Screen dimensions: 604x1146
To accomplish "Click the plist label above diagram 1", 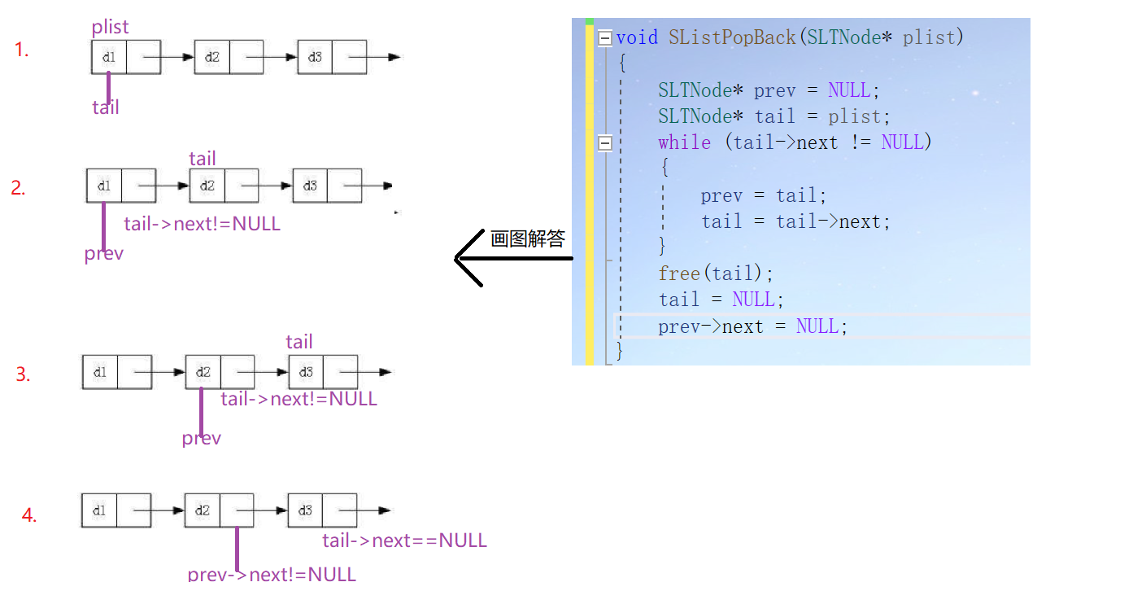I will [x=110, y=27].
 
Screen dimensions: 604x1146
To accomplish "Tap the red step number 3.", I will [x=23, y=374].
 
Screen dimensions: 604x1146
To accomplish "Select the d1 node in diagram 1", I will [x=109, y=57].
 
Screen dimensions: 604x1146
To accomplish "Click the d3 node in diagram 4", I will [x=305, y=510].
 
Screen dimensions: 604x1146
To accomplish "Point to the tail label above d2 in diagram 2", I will [x=203, y=158].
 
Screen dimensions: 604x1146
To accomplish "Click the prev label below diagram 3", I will [x=201, y=438].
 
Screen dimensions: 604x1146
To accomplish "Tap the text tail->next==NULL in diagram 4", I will [x=404, y=541].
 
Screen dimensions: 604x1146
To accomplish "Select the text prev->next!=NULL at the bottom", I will [x=272, y=574].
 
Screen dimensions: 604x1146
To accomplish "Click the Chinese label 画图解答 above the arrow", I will [x=527, y=239].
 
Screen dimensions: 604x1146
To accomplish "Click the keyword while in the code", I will [x=684, y=142].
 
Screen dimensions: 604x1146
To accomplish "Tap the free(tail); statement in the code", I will [x=716, y=273].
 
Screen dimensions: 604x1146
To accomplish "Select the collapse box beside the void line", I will [x=604, y=37].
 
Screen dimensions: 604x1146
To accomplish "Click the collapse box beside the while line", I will [x=604, y=143].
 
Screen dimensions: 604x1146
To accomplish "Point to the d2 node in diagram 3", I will [x=203, y=372].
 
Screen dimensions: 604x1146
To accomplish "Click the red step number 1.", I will [x=21, y=50].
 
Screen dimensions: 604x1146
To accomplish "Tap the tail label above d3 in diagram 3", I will [x=299, y=342].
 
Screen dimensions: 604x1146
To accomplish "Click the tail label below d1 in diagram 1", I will [x=106, y=107].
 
